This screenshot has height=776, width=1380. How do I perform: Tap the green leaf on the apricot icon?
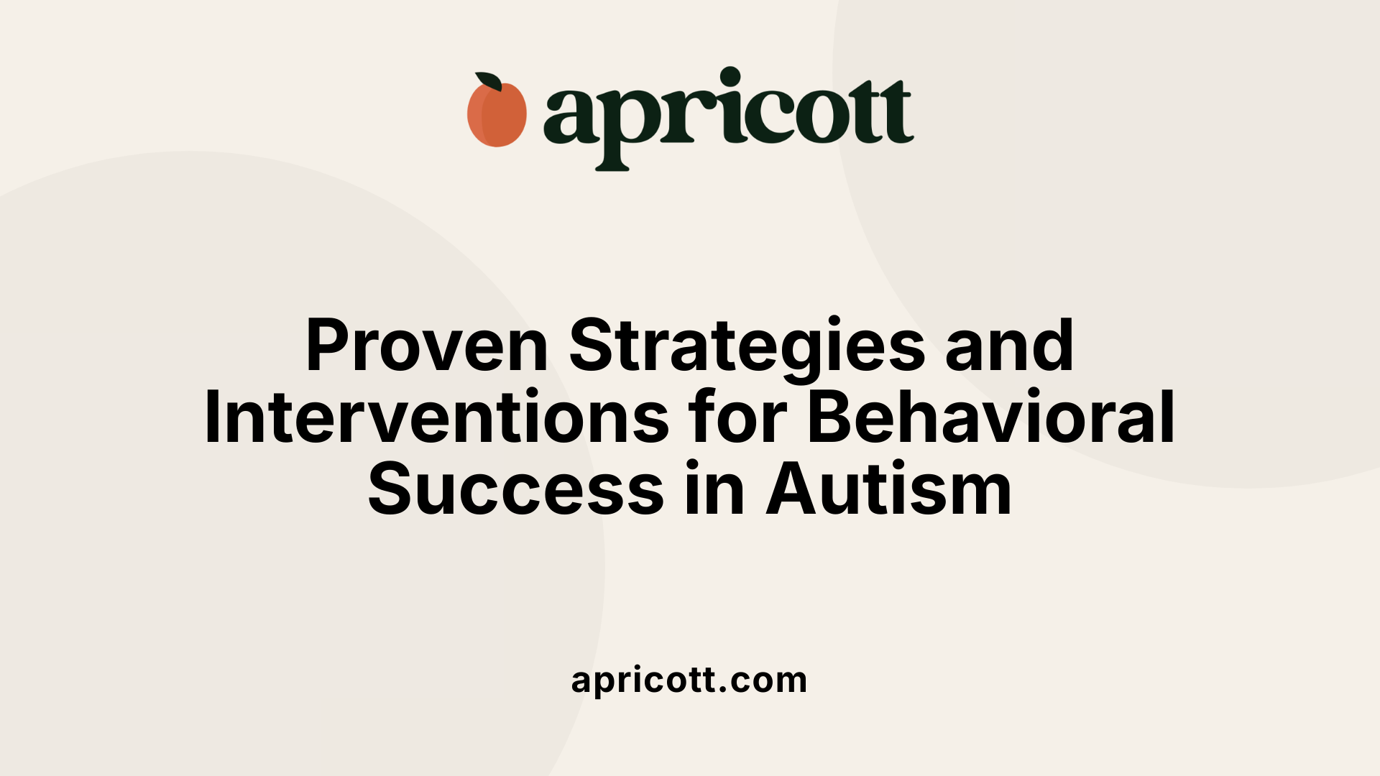click(x=489, y=81)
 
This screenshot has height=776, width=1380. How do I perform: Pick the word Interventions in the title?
click(x=437, y=418)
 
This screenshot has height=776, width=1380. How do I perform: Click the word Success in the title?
click(x=516, y=491)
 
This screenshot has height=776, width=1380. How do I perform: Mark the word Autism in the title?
click(x=889, y=491)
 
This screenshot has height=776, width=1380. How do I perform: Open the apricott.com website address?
click(x=689, y=680)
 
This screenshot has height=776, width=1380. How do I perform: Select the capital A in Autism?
click(x=793, y=491)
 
